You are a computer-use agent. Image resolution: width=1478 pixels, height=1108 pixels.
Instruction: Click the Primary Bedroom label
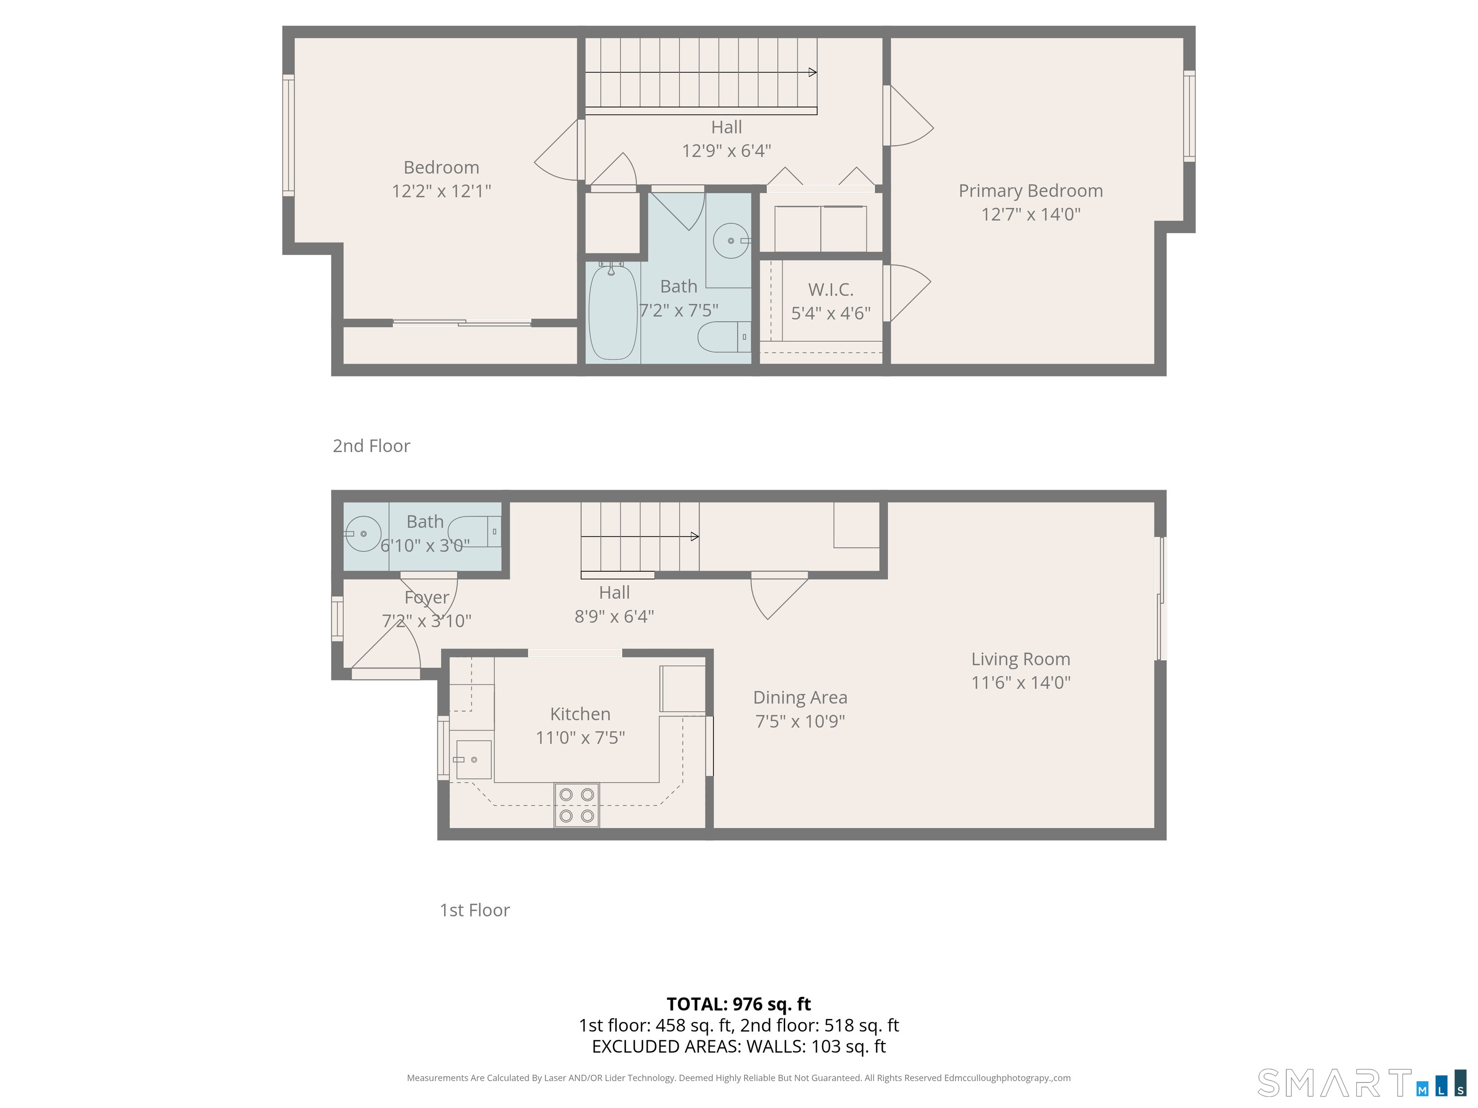tap(1031, 191)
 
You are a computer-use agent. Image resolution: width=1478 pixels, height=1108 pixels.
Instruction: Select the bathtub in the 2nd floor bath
tap(612, 312)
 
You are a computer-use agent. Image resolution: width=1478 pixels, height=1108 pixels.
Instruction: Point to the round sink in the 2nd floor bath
tap(731, 240)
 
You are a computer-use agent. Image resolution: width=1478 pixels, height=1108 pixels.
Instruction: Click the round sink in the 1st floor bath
tap(363, 534)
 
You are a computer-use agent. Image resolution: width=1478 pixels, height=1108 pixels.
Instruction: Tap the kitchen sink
tap(474, 759)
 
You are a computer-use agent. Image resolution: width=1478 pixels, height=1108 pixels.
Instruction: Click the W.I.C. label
tap(830, 290)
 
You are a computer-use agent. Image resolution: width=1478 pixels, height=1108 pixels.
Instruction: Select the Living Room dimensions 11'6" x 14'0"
tap(1020, 682)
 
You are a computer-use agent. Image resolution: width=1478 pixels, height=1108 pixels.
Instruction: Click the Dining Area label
tap(800, 697)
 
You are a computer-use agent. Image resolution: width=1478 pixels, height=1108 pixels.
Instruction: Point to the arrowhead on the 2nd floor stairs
tap(813, 72)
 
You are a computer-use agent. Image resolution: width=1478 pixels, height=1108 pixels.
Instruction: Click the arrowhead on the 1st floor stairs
tap(695, 536)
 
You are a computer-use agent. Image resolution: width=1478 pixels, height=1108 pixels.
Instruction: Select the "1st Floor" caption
tap(474, 910)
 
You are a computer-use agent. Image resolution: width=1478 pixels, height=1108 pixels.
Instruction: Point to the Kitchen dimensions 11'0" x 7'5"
tap(580, 737)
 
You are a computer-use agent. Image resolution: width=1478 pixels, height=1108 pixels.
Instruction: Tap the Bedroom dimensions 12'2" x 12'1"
tap(441, 191)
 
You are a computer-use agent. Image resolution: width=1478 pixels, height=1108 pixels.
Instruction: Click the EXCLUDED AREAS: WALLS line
tap(739, 1046)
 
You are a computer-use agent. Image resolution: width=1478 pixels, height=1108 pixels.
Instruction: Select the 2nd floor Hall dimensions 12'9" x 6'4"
tap(726, 151)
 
